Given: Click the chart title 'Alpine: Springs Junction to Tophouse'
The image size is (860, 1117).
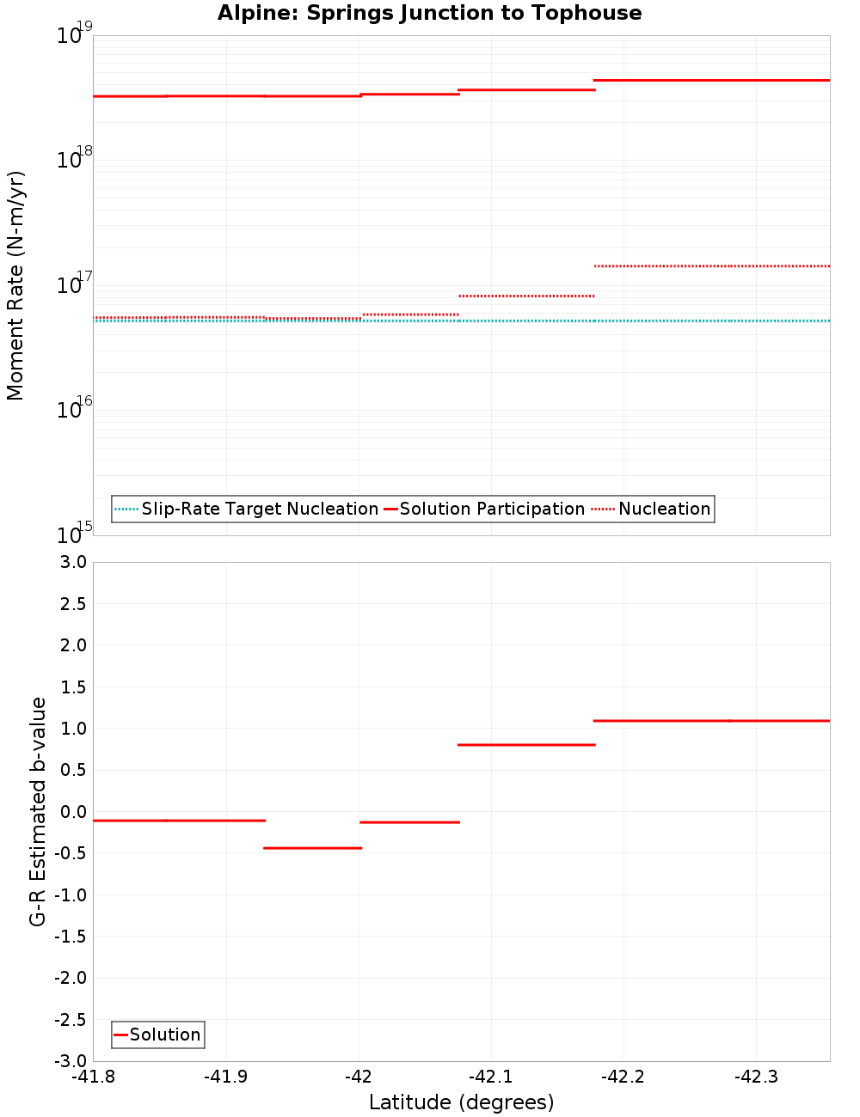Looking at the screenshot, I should (429, 13).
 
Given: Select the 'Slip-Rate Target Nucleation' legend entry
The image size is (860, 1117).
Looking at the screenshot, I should (259, 510).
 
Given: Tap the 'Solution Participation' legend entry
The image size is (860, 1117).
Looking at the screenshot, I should (491, 510).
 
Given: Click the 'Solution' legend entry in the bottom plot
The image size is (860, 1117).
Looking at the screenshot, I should (164, 1035).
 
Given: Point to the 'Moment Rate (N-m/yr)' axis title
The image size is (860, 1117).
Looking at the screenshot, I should (15, 285).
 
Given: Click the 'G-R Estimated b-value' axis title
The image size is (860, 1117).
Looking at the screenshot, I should (38, 811).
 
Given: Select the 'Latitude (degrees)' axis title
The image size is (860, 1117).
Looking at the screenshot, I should (461, 1102).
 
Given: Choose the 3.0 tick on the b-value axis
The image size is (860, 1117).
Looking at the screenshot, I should (71, 562).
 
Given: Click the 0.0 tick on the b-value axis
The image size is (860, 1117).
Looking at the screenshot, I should (71, 812).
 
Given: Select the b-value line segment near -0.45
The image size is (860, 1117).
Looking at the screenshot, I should (312, 848).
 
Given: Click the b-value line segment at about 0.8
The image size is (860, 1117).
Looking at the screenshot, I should (526, 745).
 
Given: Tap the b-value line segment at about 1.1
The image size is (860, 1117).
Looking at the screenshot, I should (711, 721).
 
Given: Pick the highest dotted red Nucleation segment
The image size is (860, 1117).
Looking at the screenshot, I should (711, 266).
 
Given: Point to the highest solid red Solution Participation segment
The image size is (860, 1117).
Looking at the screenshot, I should (711, 80).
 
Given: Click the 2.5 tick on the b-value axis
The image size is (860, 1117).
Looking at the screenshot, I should (71, 604).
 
